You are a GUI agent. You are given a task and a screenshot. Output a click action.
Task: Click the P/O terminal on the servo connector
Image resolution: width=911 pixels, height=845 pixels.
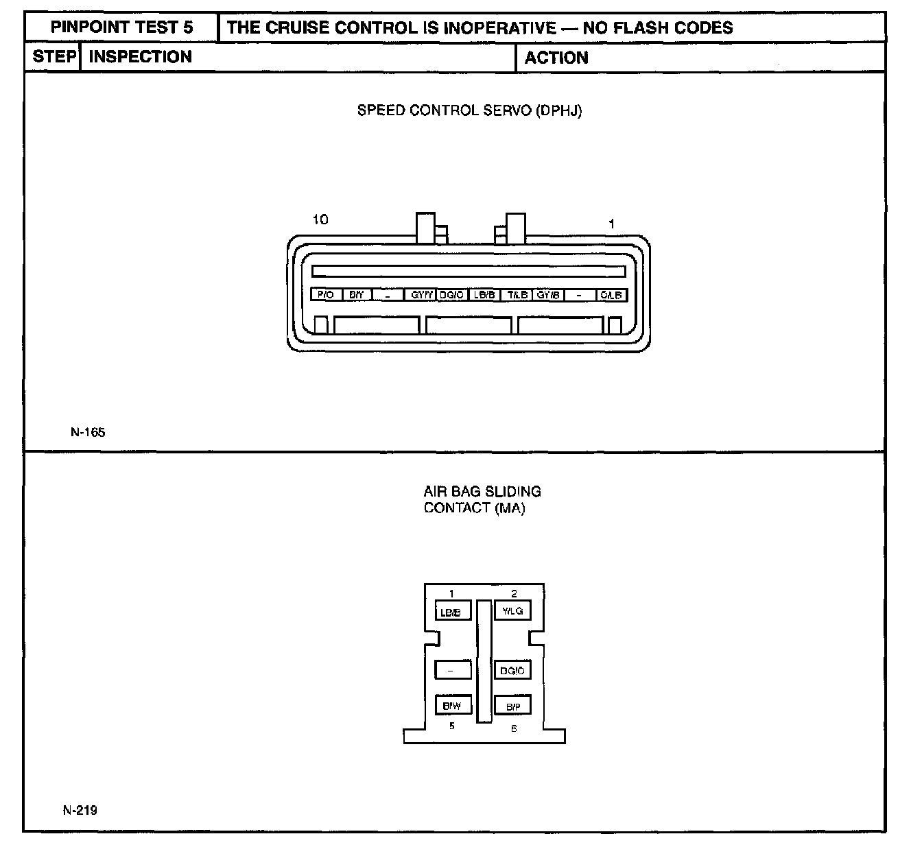326,295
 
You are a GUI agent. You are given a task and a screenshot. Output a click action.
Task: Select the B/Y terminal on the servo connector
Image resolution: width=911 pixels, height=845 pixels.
356,295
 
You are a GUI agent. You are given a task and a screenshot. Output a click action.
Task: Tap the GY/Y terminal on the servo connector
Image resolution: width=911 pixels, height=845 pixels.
421,295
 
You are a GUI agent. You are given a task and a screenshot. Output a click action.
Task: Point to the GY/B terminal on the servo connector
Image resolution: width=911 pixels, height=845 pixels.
548,295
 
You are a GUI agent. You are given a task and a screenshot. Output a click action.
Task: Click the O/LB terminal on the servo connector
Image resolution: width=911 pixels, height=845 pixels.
611,295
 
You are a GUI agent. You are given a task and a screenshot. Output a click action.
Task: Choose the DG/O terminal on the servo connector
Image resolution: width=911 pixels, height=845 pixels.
452,295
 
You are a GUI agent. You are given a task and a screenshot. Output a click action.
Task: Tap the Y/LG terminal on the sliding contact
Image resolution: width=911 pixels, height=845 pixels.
512,610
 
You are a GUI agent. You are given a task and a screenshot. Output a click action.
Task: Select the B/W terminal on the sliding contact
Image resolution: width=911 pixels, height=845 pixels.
452,705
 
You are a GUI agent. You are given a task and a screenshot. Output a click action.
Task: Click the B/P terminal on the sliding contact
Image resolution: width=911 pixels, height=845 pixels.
512,706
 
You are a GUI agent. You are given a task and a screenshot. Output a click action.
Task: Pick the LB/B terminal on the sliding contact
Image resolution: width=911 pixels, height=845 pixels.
452,611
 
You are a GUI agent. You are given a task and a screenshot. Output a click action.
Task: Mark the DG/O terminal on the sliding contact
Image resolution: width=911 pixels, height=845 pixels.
512,670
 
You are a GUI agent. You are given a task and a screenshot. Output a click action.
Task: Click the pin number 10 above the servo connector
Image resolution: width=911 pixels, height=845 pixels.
320,219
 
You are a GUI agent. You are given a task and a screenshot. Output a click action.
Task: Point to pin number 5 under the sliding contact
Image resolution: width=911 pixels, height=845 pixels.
451,726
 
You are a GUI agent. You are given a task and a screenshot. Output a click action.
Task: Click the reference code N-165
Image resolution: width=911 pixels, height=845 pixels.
88,432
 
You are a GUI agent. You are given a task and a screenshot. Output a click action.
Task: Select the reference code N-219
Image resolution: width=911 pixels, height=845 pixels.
80,810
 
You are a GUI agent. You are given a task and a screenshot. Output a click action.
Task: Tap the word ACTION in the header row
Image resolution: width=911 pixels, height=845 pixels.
556,58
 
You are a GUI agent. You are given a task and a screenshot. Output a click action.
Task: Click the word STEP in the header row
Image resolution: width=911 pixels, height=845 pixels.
54,57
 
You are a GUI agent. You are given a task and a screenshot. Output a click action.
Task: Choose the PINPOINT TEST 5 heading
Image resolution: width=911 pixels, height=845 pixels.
122,27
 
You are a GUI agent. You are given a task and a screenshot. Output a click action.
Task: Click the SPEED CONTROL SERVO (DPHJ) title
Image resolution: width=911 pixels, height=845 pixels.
469,110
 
